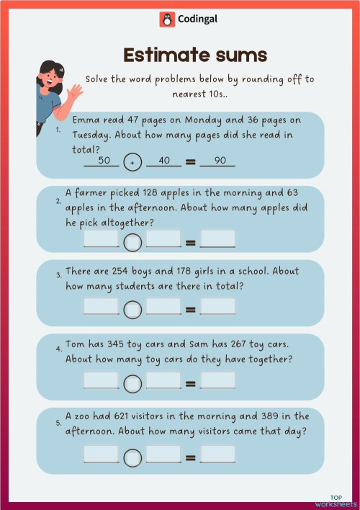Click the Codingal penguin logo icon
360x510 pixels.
point(166,20)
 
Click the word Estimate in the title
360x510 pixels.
point(154,55)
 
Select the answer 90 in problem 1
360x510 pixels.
point(217,161)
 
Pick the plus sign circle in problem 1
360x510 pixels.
point(132,163)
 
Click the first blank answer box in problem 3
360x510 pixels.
point(101,306)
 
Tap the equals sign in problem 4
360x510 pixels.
point(191,383)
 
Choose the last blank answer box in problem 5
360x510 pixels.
point(217,454)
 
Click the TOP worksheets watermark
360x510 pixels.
point(335,501)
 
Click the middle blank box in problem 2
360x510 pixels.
point(163,239)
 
